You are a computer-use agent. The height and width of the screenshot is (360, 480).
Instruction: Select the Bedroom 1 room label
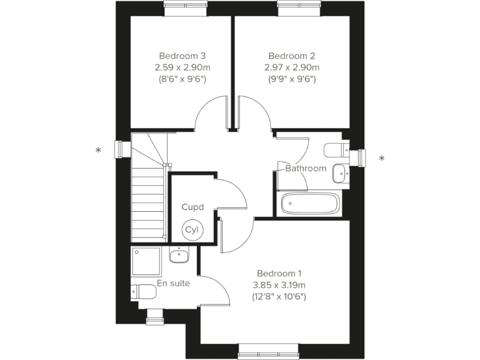click(279, 273)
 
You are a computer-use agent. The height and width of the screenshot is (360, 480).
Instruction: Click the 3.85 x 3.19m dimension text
click(279, 285)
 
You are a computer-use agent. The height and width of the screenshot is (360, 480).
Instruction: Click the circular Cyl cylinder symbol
click(191, 230)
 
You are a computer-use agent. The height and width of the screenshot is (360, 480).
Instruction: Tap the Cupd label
click(192, 207)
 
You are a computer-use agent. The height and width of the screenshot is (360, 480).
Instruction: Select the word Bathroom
click(306, 168)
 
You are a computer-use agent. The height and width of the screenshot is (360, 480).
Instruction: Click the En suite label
click(173, 283)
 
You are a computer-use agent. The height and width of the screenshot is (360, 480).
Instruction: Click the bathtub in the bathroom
click(310, 204)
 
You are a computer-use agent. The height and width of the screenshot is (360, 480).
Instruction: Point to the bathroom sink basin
click(340, 172)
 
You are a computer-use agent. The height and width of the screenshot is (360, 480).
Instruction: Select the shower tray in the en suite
click(146, 261)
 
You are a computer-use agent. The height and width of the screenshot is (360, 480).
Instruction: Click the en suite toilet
click(143, 291)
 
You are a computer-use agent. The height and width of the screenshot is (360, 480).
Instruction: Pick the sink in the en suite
click(179, 255)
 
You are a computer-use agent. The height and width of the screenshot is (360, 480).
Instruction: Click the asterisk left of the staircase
click(98, 151)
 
